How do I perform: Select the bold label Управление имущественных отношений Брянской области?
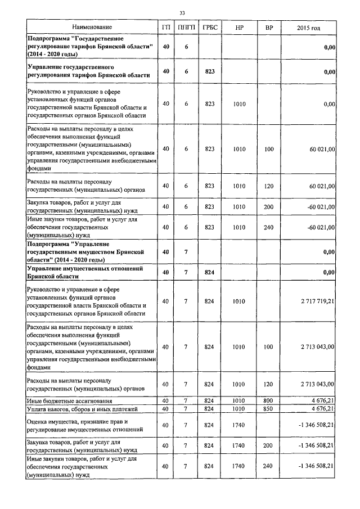(x=84, y=273)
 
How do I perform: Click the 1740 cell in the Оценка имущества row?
(x=239, y=425)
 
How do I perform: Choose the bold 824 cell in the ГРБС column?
(x=210, y=273)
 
